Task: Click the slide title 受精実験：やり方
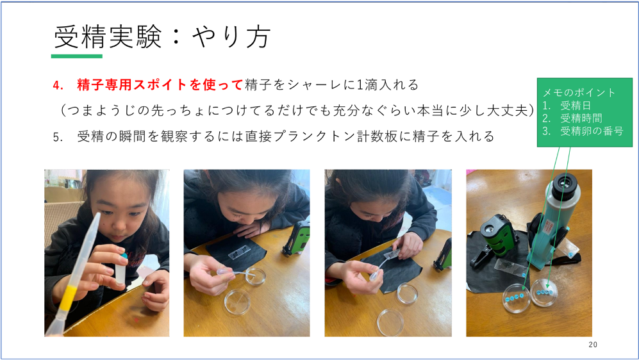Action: [162, 37]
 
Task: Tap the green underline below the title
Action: [77, 56]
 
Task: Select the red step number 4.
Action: [58, 85]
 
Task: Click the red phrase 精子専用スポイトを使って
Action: [160, 85]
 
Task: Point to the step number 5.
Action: [58, 137]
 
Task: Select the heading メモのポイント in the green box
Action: [579, 92]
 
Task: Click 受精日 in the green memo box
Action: [576, 106]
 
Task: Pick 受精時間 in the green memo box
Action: [581, 118]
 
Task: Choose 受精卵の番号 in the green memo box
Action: [592, 131]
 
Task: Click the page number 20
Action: [593, 345]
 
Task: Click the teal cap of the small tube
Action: [123, 256]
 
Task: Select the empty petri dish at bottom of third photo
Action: [391, 323]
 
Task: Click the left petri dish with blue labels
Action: [517, 298]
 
